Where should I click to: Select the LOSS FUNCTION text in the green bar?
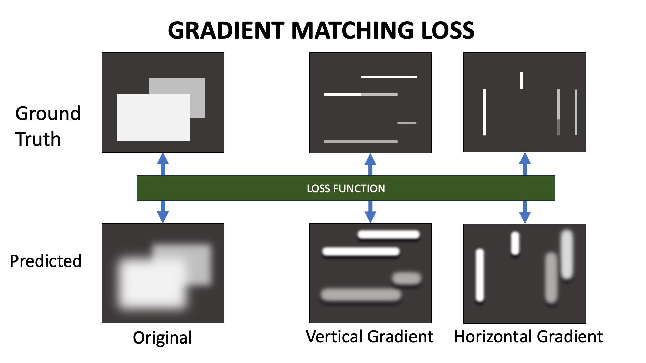pyautogui.click(x=346, y=188)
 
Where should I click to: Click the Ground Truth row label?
pyautogui.click(x=48, y=126)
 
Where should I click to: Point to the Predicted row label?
pyautogui.click(x=46, y=261)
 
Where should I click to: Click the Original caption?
pyautogui.click(x=163, y=337)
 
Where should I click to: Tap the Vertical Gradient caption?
pyautogui.click(x=369, y=336)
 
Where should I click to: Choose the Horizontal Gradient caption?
pyautogui.click(x=528, y=336)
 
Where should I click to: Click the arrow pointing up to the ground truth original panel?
pyautogui.click(x=163, y=164)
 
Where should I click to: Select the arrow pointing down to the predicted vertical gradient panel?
pyautogui.click(x=370, y=212)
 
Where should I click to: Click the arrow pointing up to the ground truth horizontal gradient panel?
pyautogui.click(x=525, y=164)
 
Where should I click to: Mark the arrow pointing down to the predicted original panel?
pyautogui.click(x=163, y=212)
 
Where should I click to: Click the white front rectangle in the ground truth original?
pyautogui.click(x=153, y=118)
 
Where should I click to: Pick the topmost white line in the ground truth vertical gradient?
pyautogui.click(x=389, y=77)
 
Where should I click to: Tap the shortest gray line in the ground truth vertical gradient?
pyautogui.click(x=407, y=123)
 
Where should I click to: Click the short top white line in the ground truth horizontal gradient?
pyautogui.click(x=521, y=80)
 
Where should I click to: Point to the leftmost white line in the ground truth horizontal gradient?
pyautogui.click(x=485, y=112)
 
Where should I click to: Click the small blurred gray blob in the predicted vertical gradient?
pyautogui.click(x=407, y=278)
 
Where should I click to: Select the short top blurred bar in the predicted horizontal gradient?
pyautogui.click(x=515, y=244)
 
